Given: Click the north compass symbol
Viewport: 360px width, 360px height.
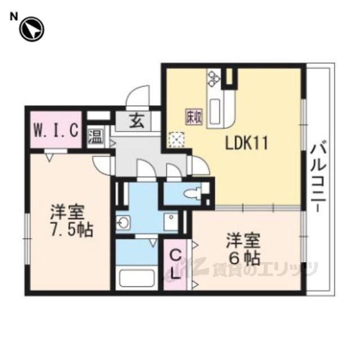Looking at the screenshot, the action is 31,29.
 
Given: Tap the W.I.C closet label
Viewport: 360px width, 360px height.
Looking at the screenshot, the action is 56,130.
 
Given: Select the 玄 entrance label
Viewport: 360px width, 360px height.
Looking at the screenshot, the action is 137,121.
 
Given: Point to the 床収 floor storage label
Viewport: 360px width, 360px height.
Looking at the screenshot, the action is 194,116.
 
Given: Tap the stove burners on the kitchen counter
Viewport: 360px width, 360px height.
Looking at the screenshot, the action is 214,79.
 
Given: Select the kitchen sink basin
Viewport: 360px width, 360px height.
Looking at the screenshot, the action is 215,110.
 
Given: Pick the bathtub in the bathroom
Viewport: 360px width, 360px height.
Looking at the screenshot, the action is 137,277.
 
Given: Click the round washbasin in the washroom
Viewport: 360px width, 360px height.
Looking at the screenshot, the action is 123,223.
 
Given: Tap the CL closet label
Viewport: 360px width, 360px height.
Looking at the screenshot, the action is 175,264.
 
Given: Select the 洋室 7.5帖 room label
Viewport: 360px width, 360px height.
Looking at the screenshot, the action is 71,220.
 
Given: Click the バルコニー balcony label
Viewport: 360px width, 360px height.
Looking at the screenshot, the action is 318,177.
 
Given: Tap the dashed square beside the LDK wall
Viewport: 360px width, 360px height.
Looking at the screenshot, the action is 176,139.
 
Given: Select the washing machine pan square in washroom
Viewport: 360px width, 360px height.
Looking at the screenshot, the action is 170,222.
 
